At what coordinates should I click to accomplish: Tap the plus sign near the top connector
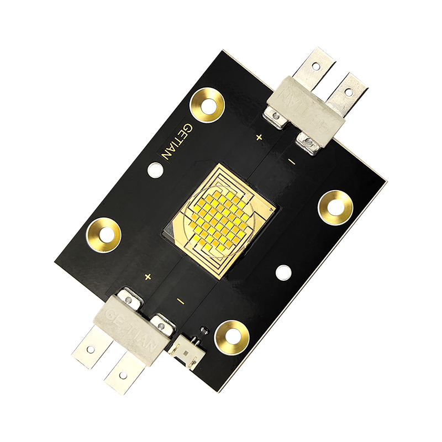[x=259, y=136]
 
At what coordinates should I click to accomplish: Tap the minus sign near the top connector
[x=292, y=162]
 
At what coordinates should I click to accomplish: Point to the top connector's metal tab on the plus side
[x=314, y=66]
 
